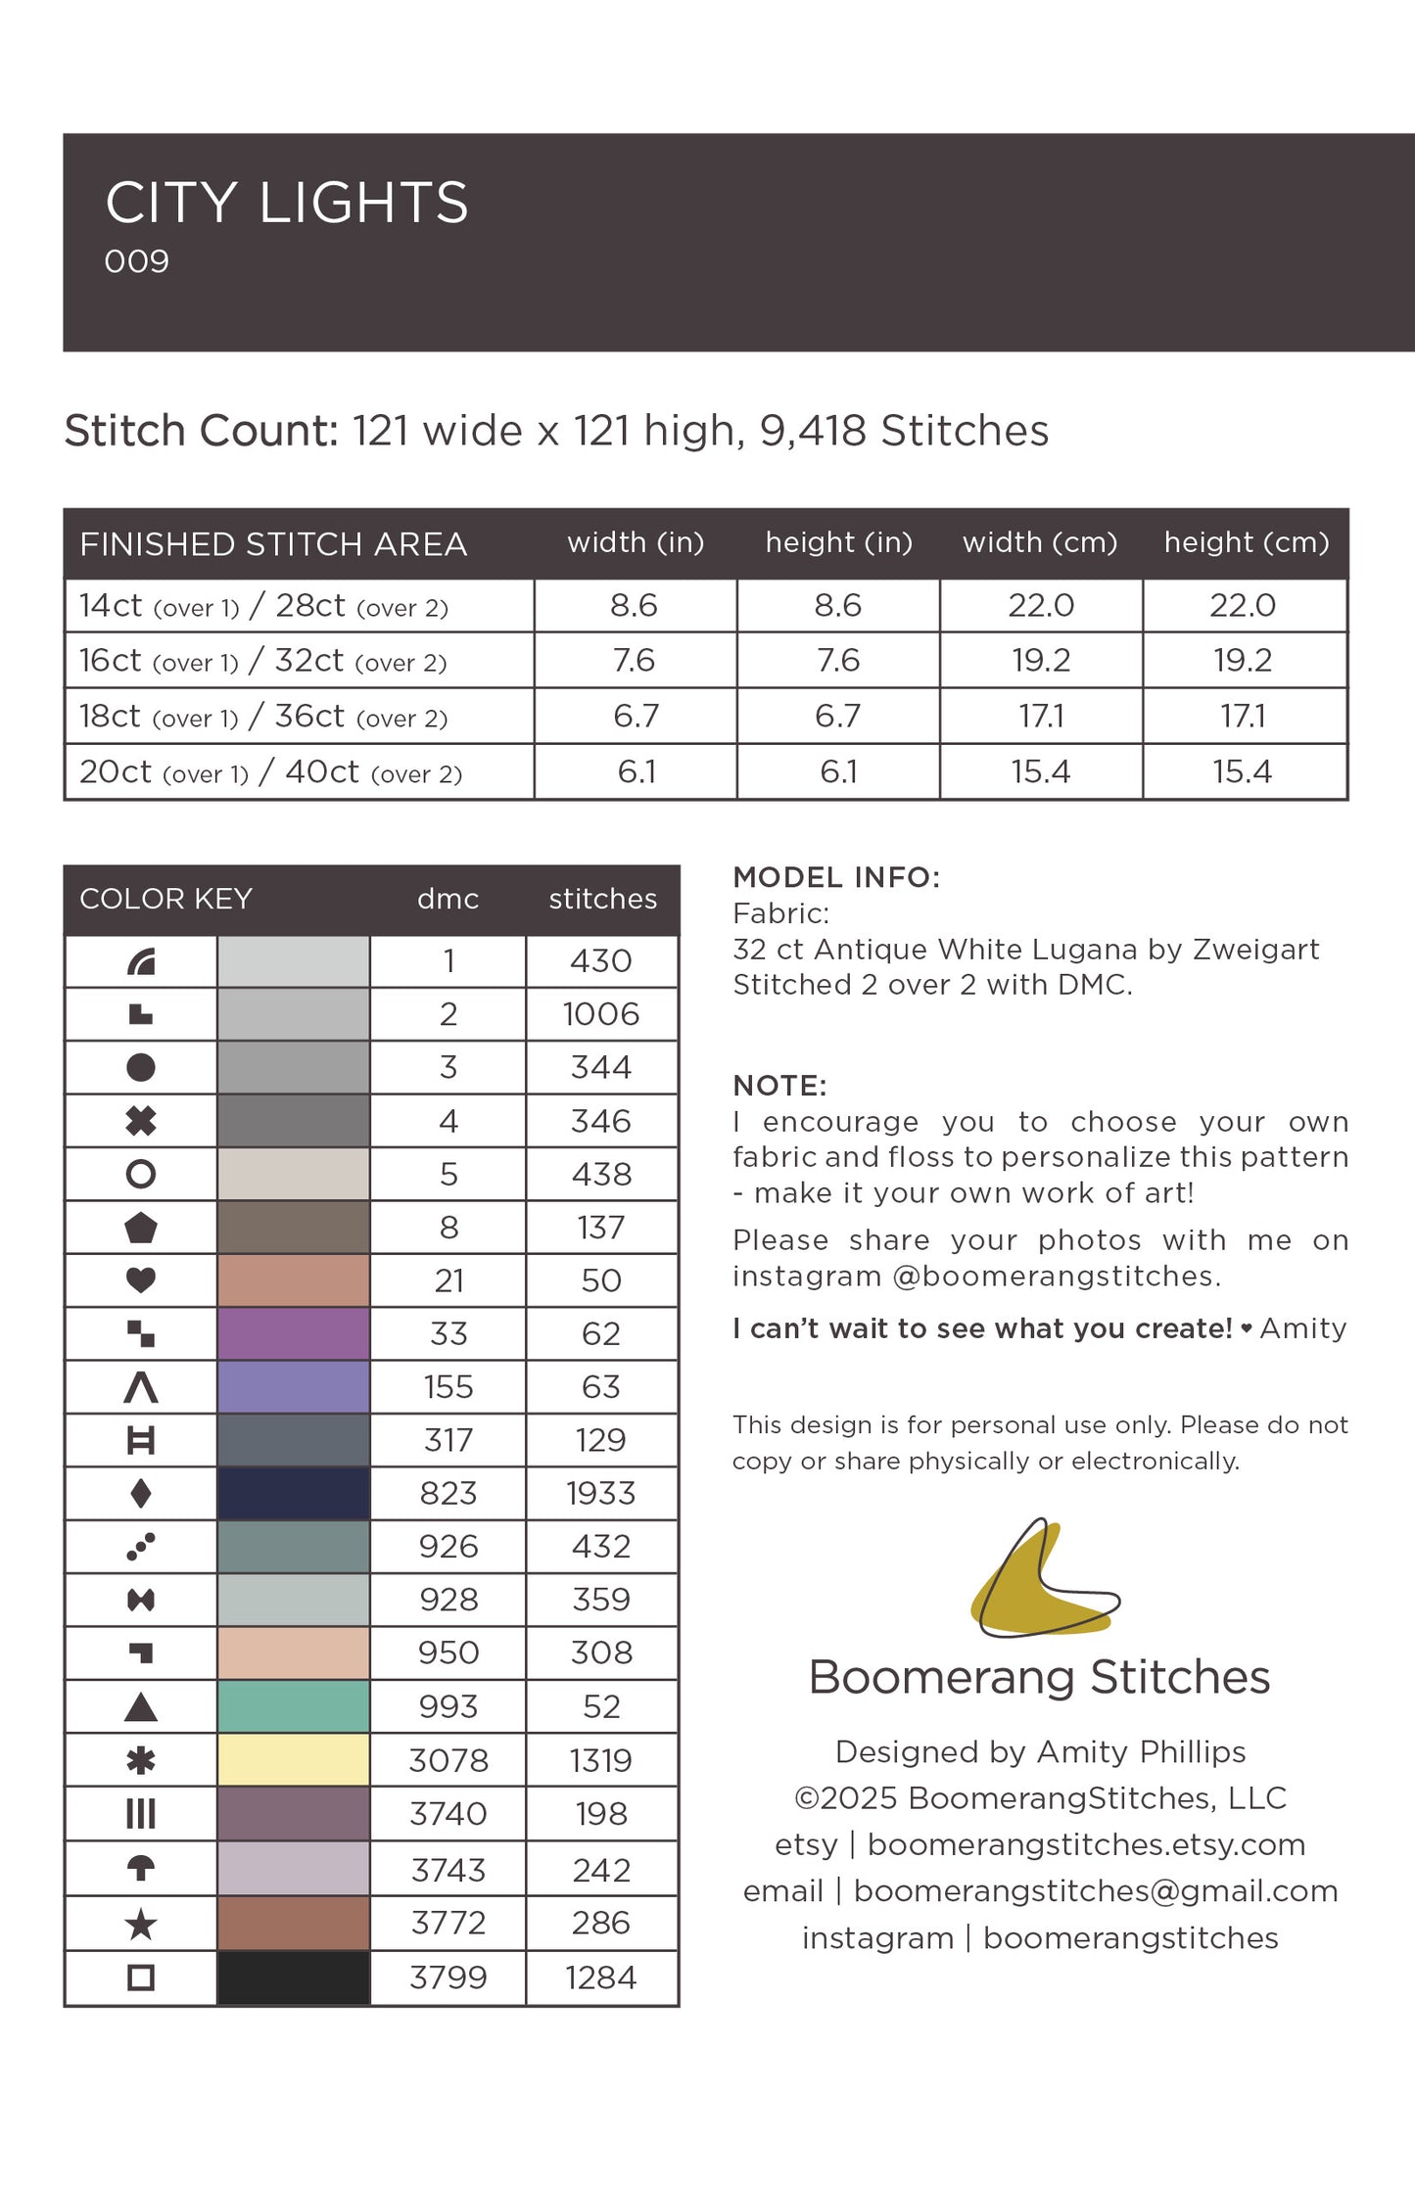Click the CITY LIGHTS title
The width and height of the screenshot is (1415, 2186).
coord(287,203)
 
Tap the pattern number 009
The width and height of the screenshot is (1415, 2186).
coord(137,261)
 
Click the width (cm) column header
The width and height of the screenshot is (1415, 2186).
coord(1040,542)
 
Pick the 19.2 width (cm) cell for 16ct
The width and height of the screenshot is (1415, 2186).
coord(1041,661)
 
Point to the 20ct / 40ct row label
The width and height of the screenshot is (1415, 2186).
coord(270,772)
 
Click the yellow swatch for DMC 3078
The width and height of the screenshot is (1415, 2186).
coord(293,1760)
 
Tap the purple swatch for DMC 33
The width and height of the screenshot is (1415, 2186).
coord(293,1333)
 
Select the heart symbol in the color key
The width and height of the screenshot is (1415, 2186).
coord(141,1280)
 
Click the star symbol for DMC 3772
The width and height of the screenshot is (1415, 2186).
coord(141,1924)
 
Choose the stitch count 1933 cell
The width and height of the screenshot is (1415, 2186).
coord(601,1494)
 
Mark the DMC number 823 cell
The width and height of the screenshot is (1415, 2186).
coord(448,1494)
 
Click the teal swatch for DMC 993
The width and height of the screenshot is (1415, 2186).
coord(293,1706)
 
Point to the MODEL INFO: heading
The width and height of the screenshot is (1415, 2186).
coord(836,877)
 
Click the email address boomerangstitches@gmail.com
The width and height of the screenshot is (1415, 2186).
coord(1095,1891)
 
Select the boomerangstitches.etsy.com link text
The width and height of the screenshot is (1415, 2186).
coord(1086,1844)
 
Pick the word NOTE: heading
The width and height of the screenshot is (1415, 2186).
coord(779,1086)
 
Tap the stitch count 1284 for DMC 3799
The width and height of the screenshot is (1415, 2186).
coord(601,1977)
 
